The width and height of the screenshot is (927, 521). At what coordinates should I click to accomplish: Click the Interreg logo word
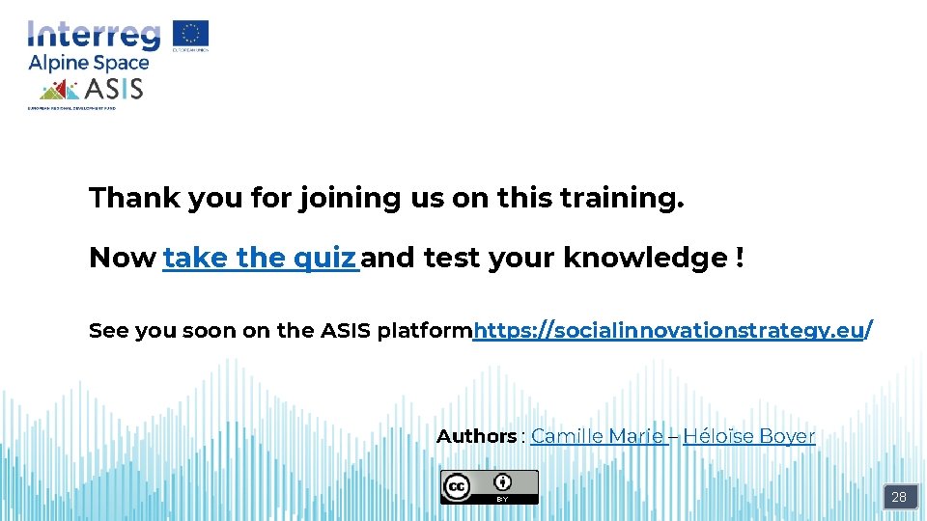94,35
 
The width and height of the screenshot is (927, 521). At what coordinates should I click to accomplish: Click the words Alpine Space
89,63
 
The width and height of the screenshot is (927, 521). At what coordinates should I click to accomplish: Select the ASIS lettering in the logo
114,90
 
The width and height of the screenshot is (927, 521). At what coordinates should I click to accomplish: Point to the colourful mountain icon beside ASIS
59,90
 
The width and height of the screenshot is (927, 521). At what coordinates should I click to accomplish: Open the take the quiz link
260,258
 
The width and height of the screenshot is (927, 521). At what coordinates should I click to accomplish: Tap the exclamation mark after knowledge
739,258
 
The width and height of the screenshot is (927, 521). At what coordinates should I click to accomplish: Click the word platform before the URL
424,331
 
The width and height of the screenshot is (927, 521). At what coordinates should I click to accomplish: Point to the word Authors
476,436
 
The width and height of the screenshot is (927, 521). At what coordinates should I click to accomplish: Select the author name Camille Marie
597,436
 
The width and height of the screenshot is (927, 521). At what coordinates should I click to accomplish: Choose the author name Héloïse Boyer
748,436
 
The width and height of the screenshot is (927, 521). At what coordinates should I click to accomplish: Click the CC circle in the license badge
456,487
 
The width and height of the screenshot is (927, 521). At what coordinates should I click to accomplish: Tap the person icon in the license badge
502,481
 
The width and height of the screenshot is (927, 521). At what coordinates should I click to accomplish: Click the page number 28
898,497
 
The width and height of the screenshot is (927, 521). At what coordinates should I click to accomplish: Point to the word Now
122,258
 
